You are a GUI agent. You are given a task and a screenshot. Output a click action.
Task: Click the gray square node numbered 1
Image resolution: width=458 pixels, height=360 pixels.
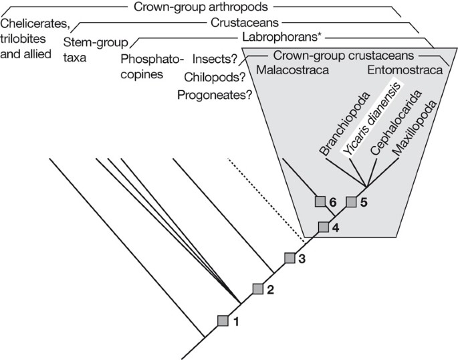[223, 321]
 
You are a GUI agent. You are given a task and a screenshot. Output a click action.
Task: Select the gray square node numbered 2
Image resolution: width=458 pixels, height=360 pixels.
[258, 288]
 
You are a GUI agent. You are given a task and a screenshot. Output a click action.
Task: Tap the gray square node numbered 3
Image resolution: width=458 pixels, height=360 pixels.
[290, 258]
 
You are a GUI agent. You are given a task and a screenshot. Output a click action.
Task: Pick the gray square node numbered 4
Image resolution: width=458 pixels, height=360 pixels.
[324, 226]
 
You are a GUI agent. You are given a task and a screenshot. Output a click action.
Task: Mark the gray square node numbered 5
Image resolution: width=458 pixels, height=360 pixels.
[352, 201]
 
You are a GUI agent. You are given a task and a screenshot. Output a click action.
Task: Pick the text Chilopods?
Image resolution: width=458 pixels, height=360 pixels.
[218, 78]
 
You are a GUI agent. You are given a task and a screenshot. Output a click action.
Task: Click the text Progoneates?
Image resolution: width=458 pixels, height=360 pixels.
[215, 94]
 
